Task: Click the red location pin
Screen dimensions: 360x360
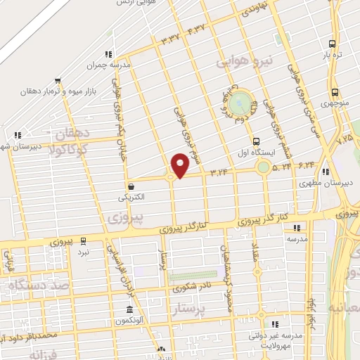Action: pos(181,165)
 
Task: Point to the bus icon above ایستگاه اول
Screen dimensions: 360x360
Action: pos(256,141)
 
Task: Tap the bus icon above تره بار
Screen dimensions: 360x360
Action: pos(335,41)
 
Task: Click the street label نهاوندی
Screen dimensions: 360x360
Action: pos(253,10)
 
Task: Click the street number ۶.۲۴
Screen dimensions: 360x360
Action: pos(306,165)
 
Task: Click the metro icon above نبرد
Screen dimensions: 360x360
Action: pos(84,240)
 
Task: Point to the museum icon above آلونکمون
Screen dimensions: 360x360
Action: pos(129,310)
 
